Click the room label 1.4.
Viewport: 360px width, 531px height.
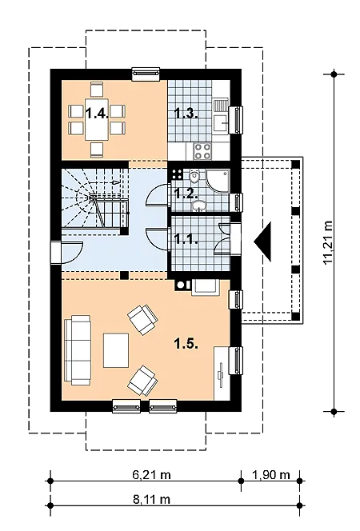coord(97,113)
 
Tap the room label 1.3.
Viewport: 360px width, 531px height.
coord(186,113)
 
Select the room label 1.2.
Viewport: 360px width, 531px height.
coord(186,193)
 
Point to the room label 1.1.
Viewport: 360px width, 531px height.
coord(186,238)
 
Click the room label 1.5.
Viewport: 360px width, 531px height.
coord(186,344)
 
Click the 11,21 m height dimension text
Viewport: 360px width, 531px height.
coord(328,242)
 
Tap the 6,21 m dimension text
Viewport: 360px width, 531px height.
coord(151,475)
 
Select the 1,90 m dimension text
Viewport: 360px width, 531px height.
coord(271,475)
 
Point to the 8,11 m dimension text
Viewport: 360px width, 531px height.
coord(151,499)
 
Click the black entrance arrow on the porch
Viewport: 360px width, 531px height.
coord(263,242)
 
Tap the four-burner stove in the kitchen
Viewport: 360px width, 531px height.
coord(202,151)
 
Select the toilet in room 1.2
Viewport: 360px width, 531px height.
coord(194,178)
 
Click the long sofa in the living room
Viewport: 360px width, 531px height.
coord(78,350)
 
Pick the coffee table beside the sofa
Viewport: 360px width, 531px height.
coord(116,350)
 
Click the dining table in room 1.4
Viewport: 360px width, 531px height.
coord(97,119)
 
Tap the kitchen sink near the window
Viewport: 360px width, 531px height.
coord(222,122)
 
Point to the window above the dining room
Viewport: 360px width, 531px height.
coord(146,74)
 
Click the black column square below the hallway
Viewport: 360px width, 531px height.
coord(125,275)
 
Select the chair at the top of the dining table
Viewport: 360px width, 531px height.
coord(97,90)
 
